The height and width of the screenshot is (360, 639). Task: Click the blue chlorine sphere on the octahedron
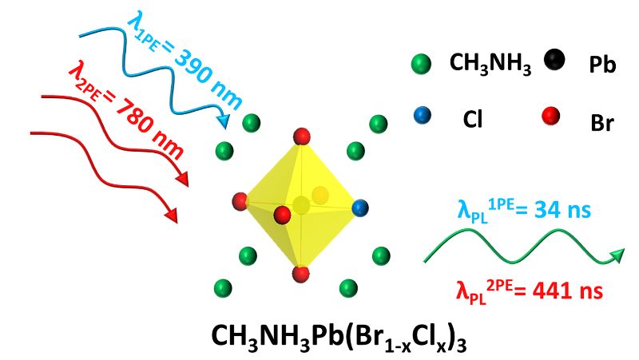pyautogui.click(x=359, y=208)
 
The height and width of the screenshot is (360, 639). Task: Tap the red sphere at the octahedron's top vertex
pyautogui.click(x=302, y=136)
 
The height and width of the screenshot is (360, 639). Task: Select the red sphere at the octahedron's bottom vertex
pyautogui.click(x=301, y=274)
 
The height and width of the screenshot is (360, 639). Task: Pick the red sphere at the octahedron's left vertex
pyautogui.click(x=240, y=202)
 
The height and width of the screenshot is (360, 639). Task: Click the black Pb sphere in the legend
pyautogui.click(x=554, y=60)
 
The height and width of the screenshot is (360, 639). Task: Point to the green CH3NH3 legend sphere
pyautogui.click(x=422, y=65)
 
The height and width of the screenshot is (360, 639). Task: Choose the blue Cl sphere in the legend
pyautogui.click(x=422, y=115)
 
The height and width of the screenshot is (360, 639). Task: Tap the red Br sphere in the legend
pyautogui.click(x=550, y=116)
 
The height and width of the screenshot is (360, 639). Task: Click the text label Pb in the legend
pyautogui.click(x=602, y=65)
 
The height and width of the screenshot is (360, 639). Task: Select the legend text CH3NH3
pyautogui.click(x=490, y=64)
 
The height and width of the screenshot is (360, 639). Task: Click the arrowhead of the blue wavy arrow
pyautogui.click(x=224, y=121)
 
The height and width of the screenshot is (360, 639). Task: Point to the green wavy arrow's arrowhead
pyautogui.click(x=617, y=255)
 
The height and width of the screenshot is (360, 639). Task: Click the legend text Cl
pyautogui.click(x=473, y=119)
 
